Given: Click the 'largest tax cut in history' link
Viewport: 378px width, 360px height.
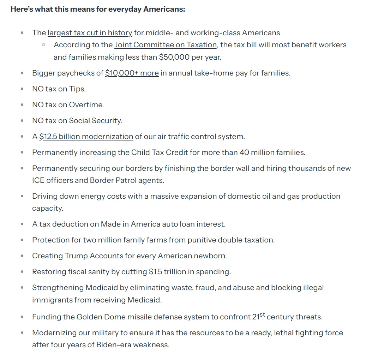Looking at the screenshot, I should pyautogui.click(x=90, y=33).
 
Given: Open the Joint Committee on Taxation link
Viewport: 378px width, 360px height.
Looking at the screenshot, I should pyautogui.click(x=165, y=45).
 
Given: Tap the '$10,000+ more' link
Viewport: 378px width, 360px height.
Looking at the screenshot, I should pyautogui.click(x=132, y=73).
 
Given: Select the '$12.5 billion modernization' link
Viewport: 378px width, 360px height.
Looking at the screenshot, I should pyautogui.click(x=86, y=137).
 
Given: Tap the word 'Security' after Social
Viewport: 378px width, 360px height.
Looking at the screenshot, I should pyautogui.click(x=107, y=121).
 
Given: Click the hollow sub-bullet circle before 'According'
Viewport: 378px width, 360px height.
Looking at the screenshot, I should pyautogui.click(x=43, y=45).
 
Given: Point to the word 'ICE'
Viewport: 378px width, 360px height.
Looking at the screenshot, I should pyautogui.click(x=38, y=180).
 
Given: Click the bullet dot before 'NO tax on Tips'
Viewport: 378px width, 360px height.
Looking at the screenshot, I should pyautogui.click(x=22, y=89).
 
